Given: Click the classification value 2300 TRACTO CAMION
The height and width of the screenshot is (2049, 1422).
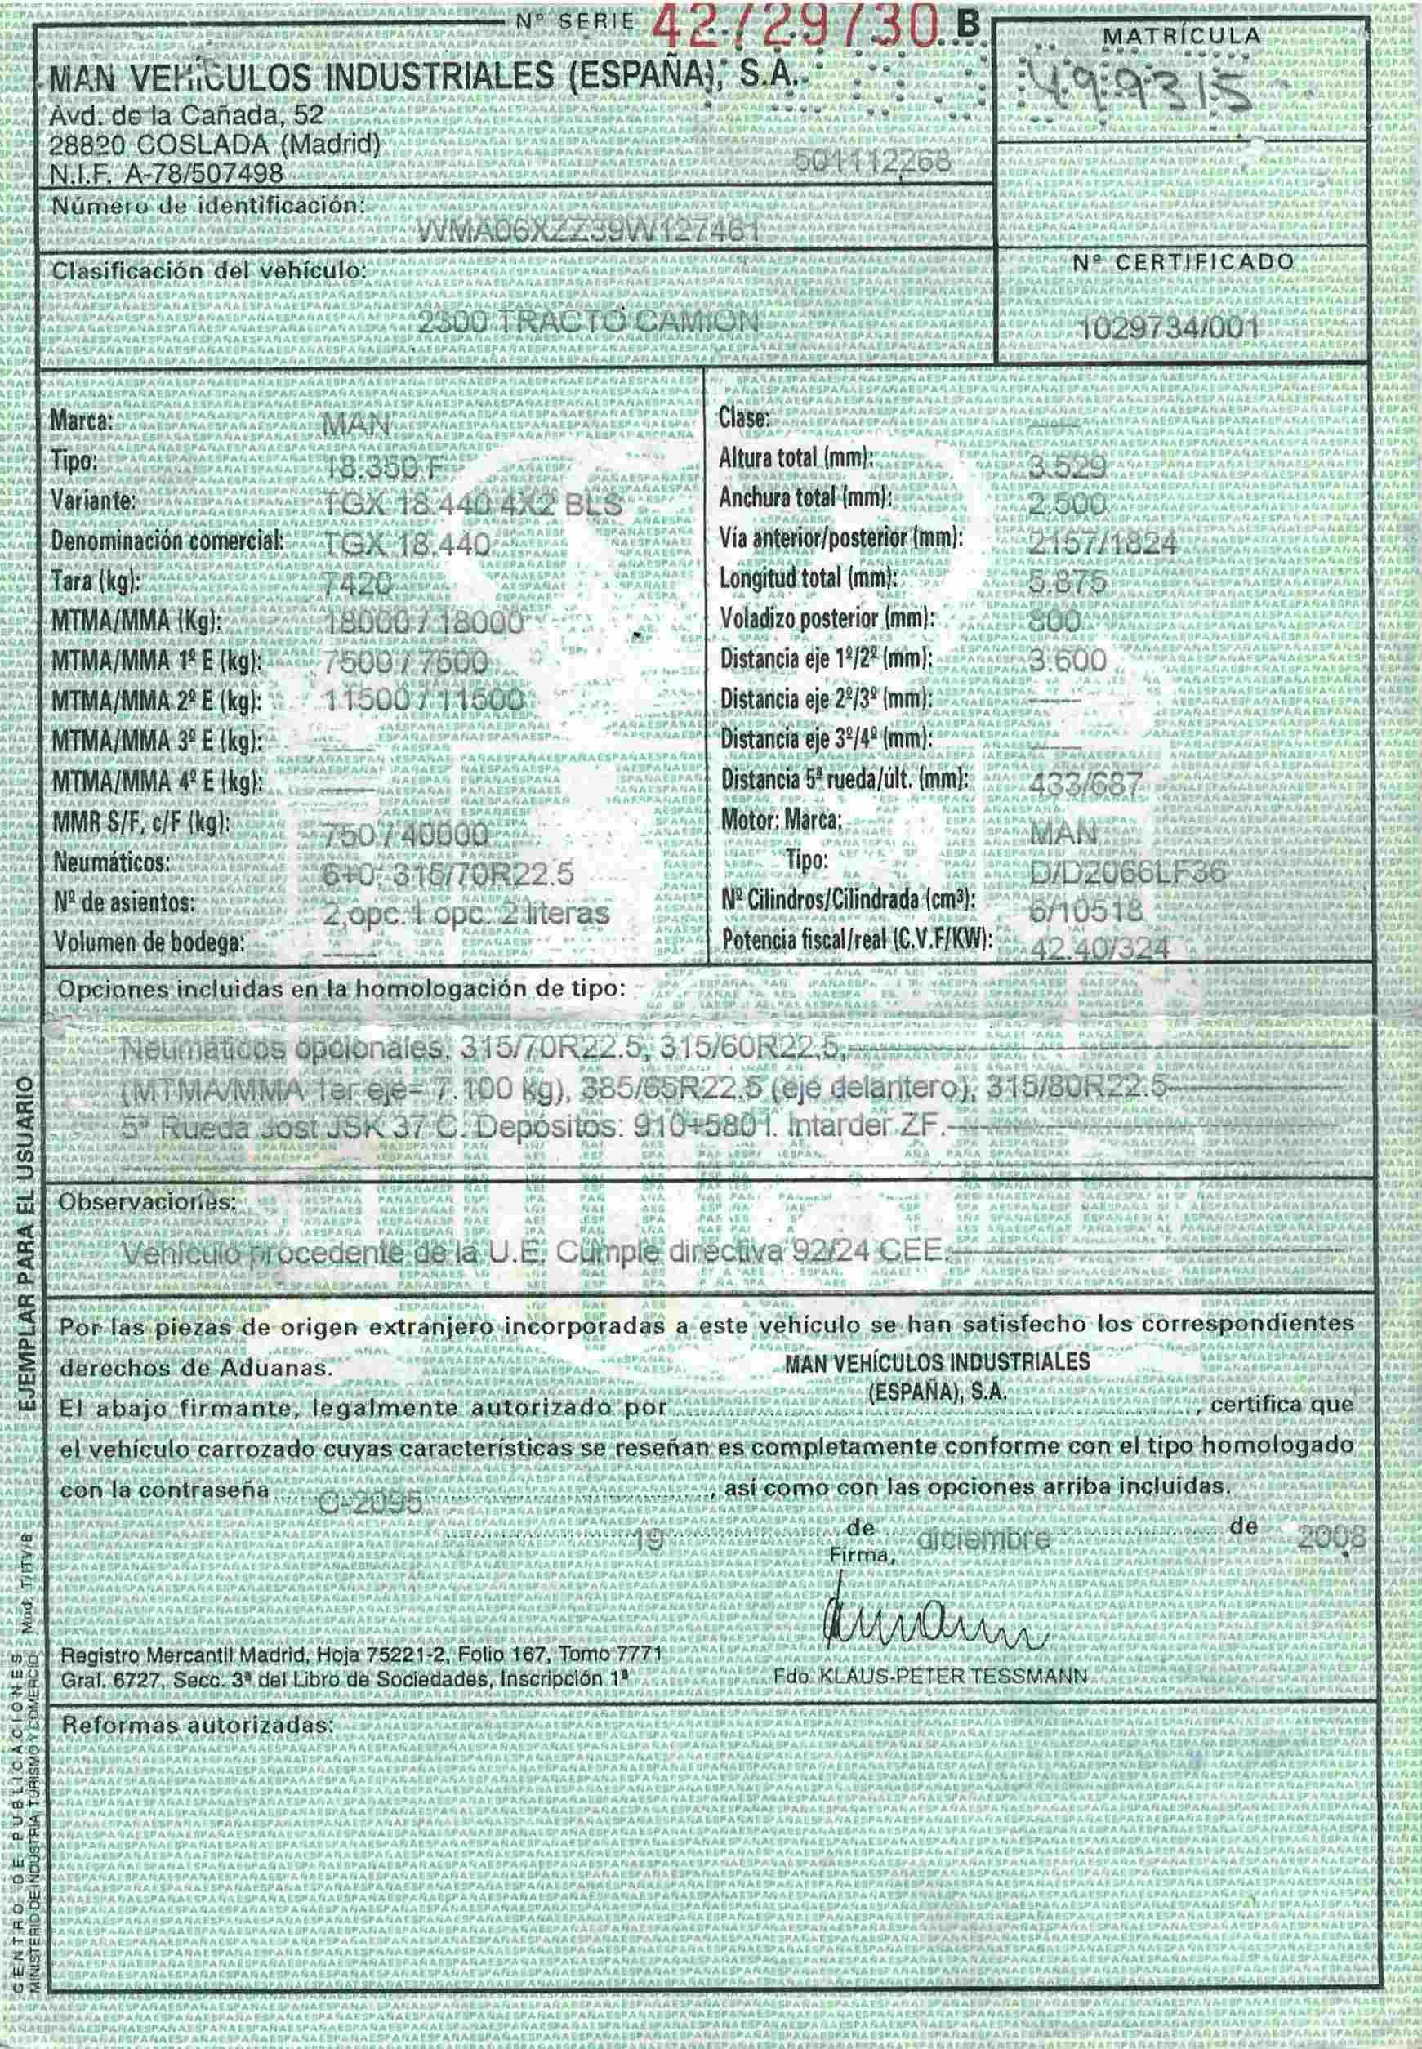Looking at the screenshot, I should pos(587,322).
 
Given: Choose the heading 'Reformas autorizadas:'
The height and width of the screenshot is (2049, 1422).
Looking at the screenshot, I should pos(196,1725).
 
